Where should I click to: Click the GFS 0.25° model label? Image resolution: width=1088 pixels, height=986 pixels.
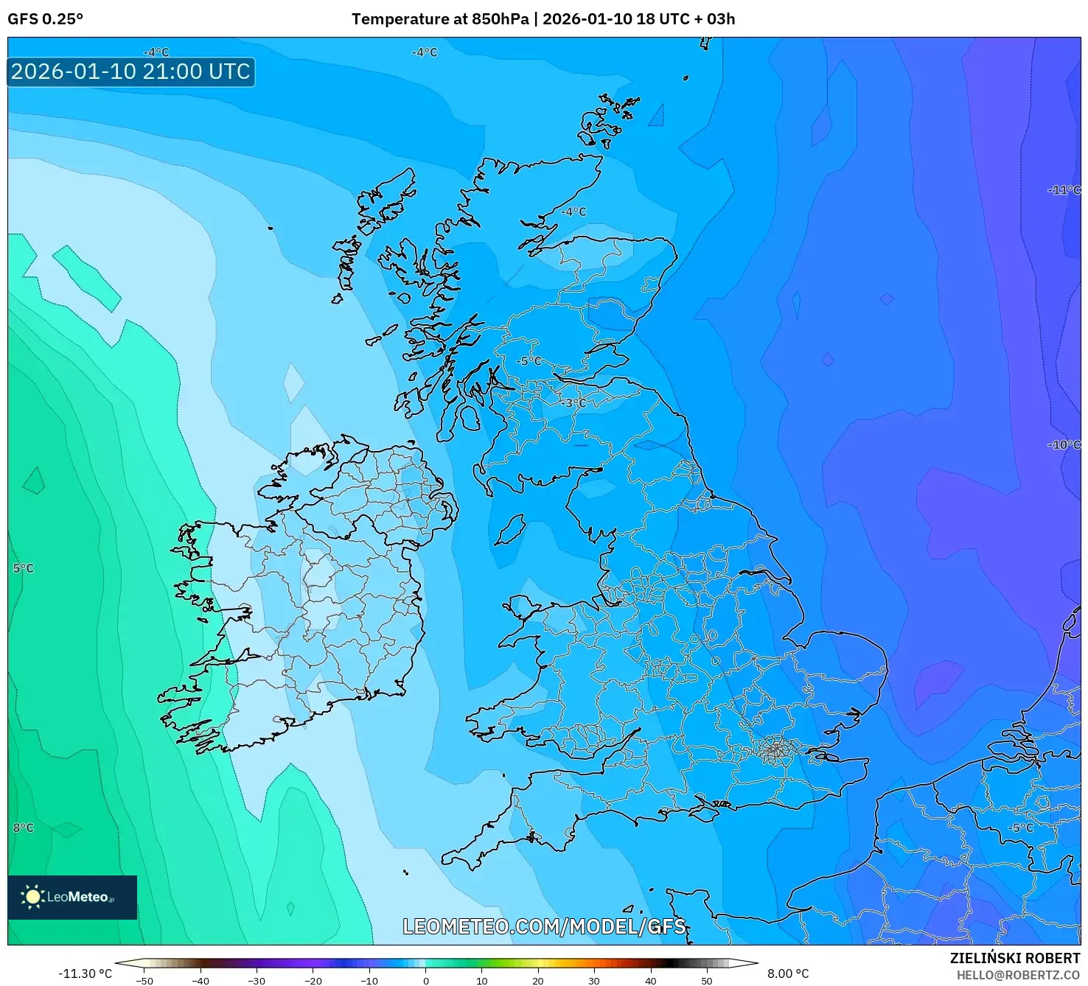45,19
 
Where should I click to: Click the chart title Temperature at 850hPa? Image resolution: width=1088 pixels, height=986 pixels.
439,19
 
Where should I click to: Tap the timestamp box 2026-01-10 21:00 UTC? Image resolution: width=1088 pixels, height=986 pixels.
131,72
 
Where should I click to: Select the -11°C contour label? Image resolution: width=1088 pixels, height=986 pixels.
1064,190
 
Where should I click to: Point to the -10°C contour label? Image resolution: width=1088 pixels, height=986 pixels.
1064,445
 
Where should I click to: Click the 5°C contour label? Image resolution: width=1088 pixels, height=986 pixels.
23,568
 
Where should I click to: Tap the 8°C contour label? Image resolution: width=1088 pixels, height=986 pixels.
23,828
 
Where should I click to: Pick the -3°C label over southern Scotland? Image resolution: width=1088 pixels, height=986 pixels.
573,403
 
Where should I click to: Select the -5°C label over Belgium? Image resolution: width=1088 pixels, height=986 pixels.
1021,828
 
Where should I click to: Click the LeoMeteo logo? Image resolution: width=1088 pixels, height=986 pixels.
72,897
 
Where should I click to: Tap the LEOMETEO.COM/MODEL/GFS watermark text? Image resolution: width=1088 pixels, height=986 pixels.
544,926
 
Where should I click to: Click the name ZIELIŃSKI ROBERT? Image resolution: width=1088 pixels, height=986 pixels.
1014,958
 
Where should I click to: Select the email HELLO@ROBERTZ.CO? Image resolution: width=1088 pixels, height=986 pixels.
1017,975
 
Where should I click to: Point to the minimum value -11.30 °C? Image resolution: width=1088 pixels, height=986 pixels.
86,973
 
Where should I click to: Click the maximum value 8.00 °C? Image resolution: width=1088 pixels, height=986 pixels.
787,973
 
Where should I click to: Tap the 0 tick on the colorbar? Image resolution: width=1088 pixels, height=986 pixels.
425,981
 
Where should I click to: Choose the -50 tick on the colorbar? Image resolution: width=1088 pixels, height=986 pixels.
144,981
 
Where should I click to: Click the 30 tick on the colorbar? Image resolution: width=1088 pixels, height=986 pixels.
594,981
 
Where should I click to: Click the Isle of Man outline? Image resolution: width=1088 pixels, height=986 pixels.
509,530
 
